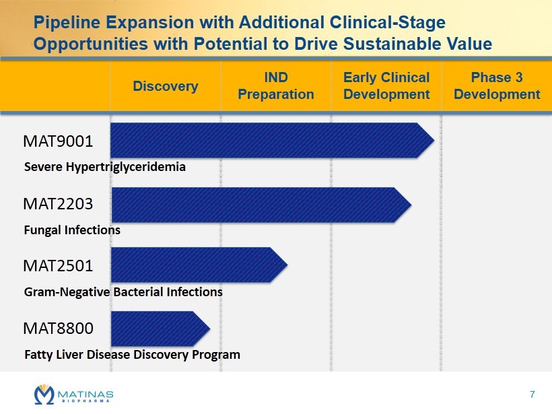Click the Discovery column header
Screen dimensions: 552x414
(x=166, y=86)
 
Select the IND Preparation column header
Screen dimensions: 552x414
(x=276, y=86)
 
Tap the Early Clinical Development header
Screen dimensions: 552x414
(x=386, y=86)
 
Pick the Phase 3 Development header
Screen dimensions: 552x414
(x=497, y=86)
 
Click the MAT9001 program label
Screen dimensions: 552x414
(x=58, y=141)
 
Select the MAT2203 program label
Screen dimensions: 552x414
(x=58, y=204)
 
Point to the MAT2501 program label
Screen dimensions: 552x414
(x=58, y=266)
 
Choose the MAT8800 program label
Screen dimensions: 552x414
(x=58, y=329)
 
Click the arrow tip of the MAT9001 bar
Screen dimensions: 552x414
(x=434, y=140)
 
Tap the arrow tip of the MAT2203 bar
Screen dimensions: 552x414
(x=411, y=205)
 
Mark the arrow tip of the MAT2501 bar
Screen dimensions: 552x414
(x=287, y=265)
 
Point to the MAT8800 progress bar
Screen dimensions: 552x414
(x=160, y=329)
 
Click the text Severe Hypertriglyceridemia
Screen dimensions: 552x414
(x=105, y=167)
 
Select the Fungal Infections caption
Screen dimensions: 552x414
(x=72, y=230)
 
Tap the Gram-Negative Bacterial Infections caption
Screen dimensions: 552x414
(x=123, y=292)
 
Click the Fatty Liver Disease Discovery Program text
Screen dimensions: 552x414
(x=133, y=355)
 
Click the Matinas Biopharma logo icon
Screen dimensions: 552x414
(x=44, y=394)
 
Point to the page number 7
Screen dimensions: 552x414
(x=532, y=394)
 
